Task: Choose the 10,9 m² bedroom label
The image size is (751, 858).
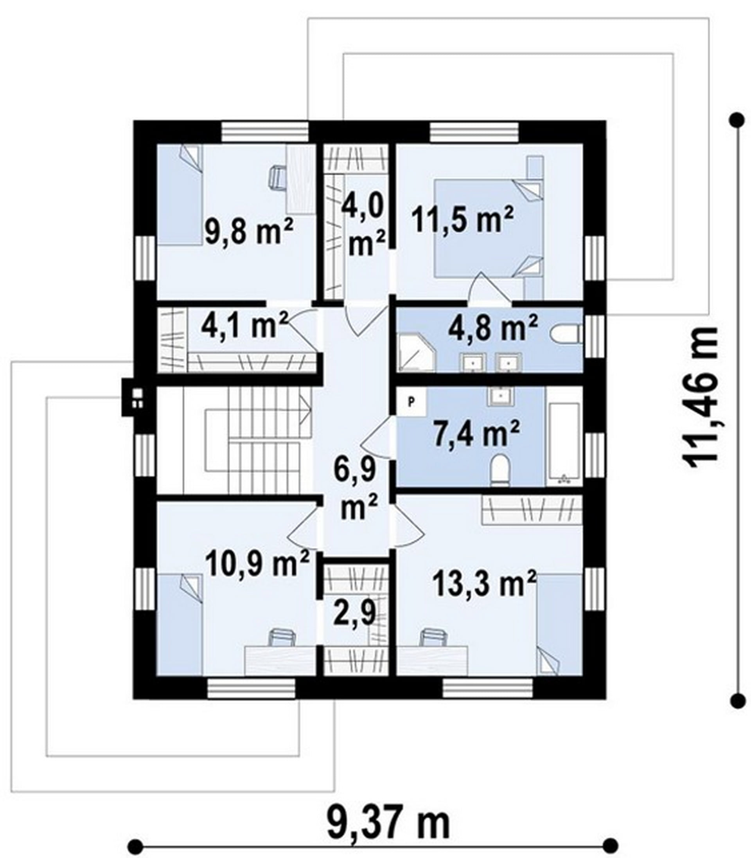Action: point(257,564)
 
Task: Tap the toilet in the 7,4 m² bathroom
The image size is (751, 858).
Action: point(500,470)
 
